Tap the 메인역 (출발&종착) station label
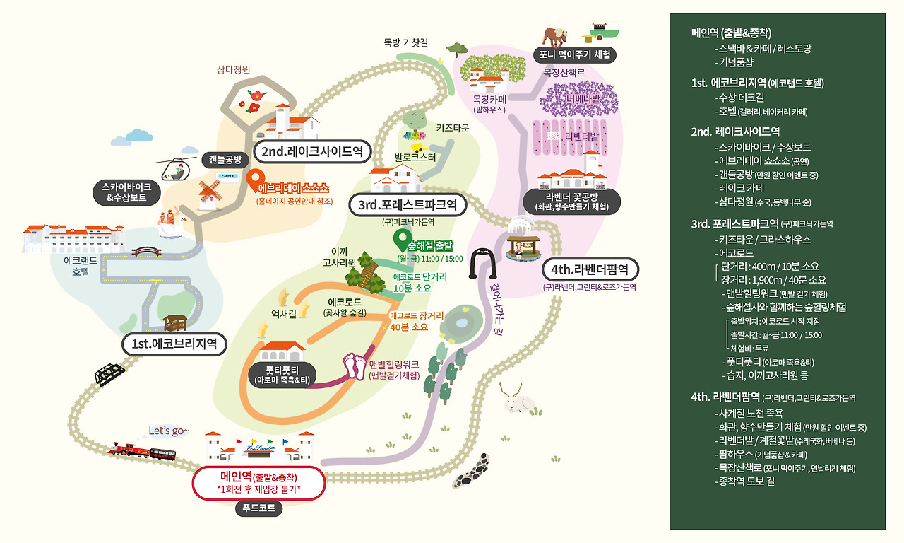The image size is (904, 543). coord(258,481)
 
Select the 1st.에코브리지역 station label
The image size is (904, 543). coord(174,344)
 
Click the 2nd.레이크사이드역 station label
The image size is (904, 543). coord(312,151)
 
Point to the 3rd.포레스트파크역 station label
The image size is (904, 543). coord(408,205)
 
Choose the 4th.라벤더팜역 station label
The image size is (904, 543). coord(590,269)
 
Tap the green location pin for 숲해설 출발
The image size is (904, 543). coord(402,238)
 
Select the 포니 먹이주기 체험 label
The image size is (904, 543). coord(574,54)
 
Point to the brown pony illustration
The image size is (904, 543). coord(558,35)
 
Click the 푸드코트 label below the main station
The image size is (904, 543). coord(258,508)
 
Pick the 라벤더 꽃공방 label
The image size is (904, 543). coord(571,202)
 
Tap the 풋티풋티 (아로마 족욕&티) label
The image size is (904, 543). coord(282,374)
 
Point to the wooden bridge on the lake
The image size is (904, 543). coord(147,251)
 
